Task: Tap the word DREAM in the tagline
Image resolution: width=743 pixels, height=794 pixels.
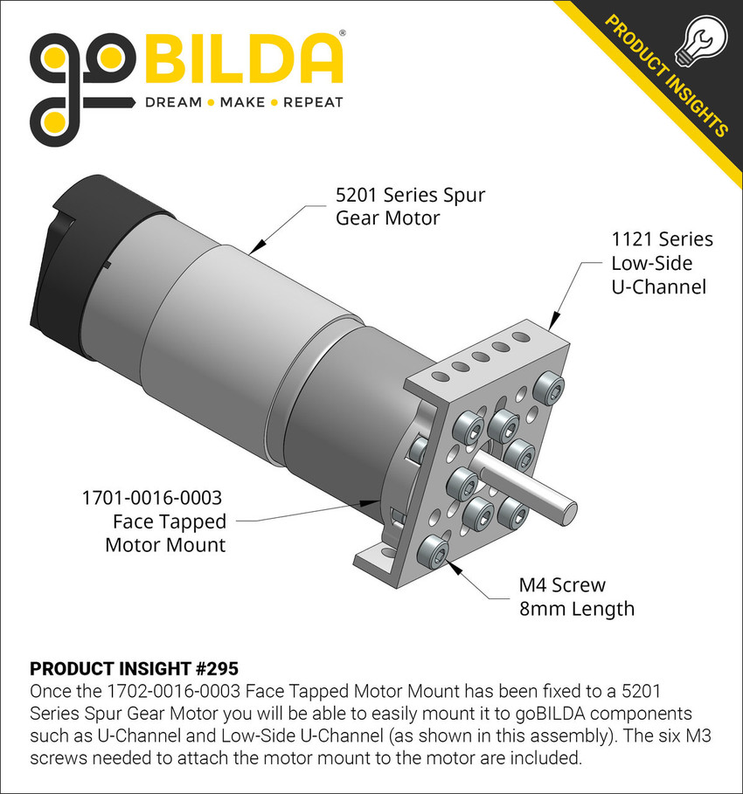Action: coord(173,102)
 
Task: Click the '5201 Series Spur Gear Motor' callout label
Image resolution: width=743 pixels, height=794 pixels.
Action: coord(410,206)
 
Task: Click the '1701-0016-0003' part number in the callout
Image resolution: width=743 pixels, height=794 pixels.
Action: coord(152,498)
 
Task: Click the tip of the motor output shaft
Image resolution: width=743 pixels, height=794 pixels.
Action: coord(572,505)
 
